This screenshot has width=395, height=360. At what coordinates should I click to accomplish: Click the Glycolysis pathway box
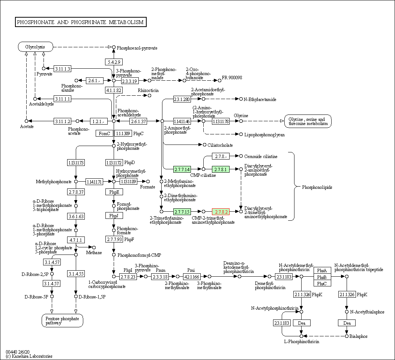click(35, 47)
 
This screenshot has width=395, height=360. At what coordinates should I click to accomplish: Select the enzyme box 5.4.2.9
click(114, 62)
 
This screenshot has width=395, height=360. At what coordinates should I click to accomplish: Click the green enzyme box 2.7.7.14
click(182, 169)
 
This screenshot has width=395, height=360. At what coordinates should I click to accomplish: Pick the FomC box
click(104, 133)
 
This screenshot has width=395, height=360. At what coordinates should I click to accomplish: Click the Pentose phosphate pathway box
click(62, 321)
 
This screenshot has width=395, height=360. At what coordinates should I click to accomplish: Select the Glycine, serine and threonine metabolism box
click(308, 121)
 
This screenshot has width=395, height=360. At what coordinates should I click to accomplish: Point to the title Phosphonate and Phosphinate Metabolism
click(80, 22)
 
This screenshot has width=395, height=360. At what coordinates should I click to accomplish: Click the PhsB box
click(322, 277)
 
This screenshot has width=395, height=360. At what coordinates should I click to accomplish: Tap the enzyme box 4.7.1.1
click(76, 239)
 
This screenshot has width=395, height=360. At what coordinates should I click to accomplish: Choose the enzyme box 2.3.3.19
click(130, 80)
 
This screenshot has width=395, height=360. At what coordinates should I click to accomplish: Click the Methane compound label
click(94, 253)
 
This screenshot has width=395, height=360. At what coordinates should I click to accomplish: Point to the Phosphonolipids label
click(317, 187)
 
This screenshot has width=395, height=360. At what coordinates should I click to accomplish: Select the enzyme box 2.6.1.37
click(138, 121)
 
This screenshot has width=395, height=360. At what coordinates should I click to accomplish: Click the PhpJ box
click(114, 215)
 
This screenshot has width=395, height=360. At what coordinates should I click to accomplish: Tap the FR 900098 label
click(232, 78)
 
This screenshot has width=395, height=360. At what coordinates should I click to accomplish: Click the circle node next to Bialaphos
click(347, 336)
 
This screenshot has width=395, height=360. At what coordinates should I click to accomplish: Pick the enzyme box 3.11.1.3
click(62, 69)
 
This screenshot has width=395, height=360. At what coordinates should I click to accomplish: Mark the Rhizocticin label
click(148, 90)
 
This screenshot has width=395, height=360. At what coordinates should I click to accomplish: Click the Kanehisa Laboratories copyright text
click(29, 356)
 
